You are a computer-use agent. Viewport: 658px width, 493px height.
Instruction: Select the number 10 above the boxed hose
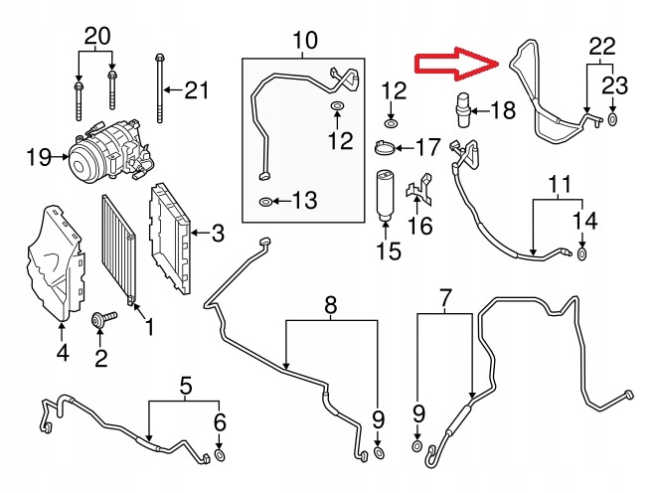point(304,41)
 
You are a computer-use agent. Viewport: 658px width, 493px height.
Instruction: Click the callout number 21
point(197,91)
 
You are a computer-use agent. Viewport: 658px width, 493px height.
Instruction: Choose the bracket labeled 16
point(423,193)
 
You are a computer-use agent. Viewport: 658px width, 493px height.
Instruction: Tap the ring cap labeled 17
point(385,149)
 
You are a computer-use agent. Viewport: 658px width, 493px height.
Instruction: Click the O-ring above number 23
point(612,120)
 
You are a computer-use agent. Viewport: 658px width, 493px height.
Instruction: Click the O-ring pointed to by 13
point(265,203)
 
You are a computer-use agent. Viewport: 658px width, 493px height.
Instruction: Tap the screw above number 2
point(100,320)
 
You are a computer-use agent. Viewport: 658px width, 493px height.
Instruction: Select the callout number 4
point(62,352)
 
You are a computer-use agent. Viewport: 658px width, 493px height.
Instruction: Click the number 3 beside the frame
point(217,235)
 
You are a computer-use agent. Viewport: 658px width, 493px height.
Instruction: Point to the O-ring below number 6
point(221,456)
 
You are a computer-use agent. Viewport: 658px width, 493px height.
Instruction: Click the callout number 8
point(330,303)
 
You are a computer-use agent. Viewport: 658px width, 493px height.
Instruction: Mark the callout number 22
point(602,46)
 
